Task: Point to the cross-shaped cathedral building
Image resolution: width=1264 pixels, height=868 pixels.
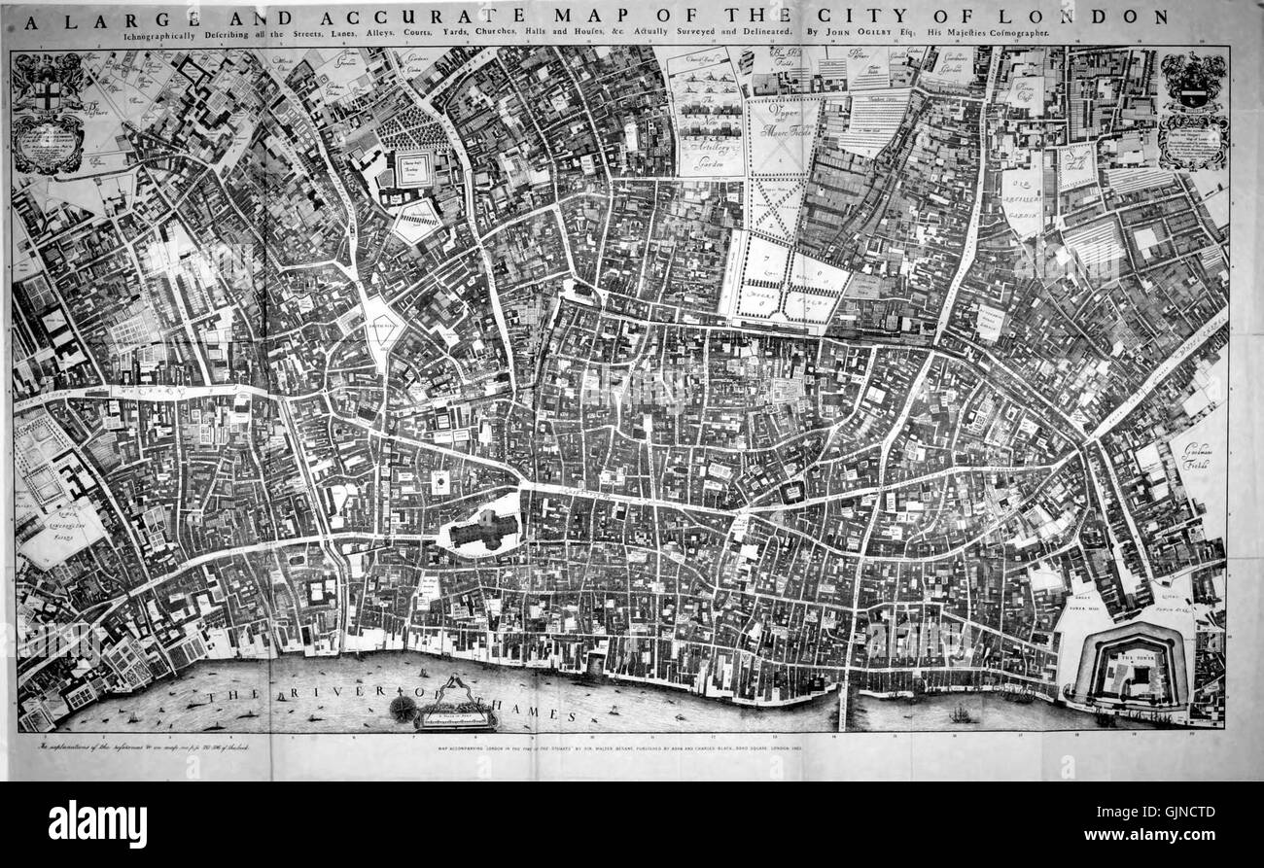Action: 482,530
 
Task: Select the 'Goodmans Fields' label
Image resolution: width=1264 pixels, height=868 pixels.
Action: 1202,457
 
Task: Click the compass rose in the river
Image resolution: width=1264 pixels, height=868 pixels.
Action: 402,708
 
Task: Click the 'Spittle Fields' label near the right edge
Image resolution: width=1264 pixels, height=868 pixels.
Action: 1076,159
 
